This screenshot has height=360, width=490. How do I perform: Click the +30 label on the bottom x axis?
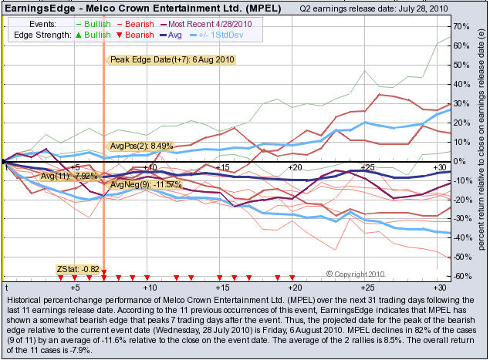pos(438,287)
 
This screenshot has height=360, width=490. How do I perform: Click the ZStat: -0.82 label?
pos(79,268)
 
